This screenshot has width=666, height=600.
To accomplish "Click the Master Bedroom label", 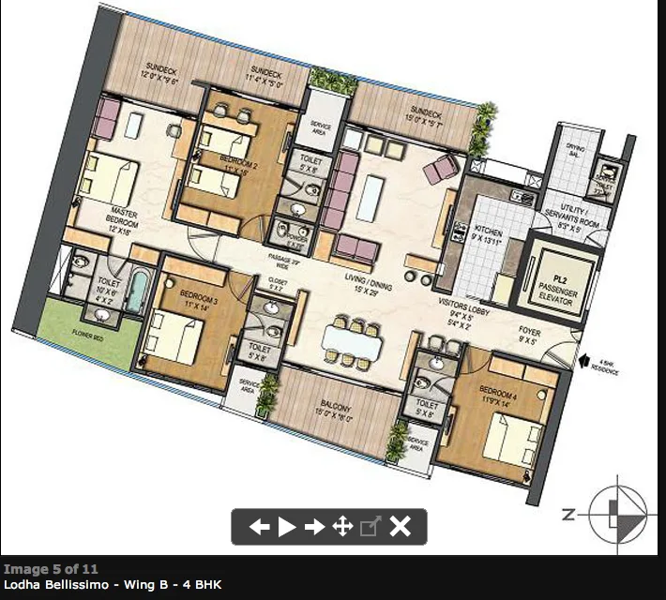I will point(124,218).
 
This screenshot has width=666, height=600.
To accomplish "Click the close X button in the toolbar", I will point(401,527).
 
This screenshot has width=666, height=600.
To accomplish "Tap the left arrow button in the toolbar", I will point(259,527).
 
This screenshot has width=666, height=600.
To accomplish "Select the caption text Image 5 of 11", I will point(51,568).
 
